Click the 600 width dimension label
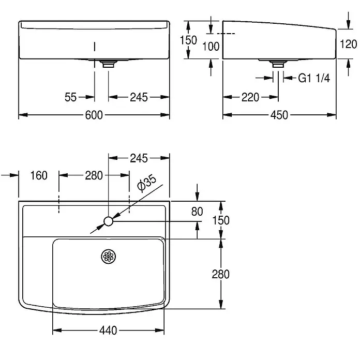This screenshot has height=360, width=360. [x=94, y=115]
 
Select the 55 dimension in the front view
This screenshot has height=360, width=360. [x=70, y=97]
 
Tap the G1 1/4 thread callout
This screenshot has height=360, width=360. [x=314, y=78]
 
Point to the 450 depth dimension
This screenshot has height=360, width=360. [x=279, y=115]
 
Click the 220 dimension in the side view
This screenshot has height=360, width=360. [x=250, y=97]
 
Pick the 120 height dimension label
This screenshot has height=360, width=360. [x=348, y=44]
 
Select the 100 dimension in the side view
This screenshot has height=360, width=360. [x=211, y=47]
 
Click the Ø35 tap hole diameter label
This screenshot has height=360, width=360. [x=147, y=183]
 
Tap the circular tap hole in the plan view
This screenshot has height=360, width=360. [x=109, y=221]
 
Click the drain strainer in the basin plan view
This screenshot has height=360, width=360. [x=109, y=257]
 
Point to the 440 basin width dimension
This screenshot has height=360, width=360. [x=108, y=331]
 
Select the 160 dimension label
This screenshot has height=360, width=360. [x=39, y=175]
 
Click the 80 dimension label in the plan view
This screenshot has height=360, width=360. [x=197, y=212]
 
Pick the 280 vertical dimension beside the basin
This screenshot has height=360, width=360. [x=220, y=274]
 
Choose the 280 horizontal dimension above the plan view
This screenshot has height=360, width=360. [x=94, y=175]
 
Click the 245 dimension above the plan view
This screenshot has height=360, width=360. [x=139, y=158]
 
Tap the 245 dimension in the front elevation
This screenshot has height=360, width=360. [x=139, y=97]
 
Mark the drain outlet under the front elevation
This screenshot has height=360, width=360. [x=109, y=64]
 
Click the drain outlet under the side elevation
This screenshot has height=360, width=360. [x=278, y=64]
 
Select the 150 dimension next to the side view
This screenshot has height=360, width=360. [x=188, y=40]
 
